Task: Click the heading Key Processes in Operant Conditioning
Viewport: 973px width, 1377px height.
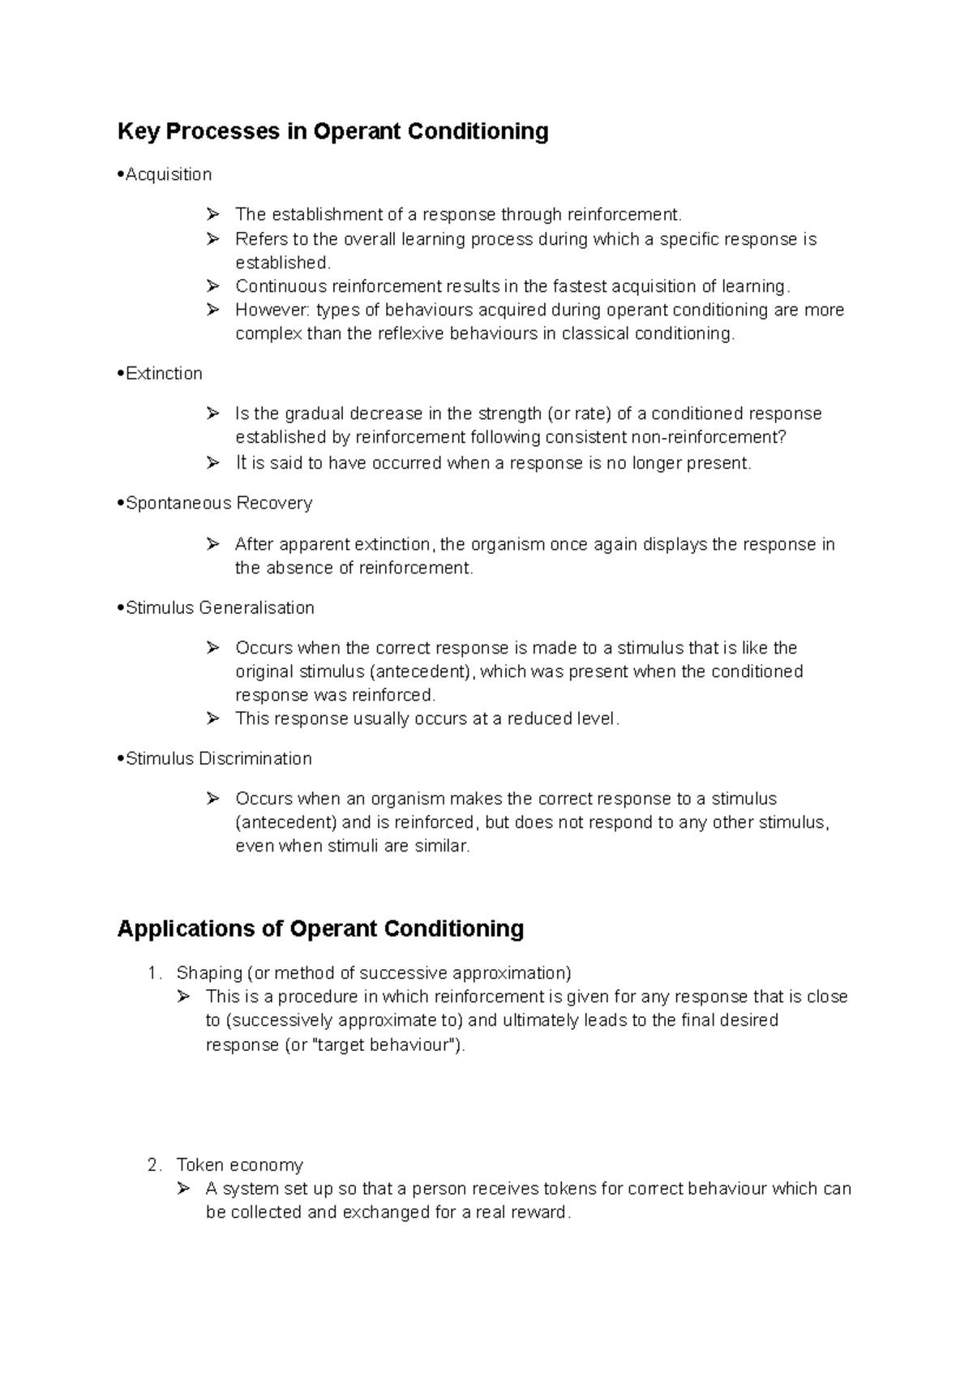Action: click(332, 131)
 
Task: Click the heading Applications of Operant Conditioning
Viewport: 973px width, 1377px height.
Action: click(320, 929)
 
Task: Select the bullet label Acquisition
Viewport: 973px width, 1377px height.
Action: click(169, 174)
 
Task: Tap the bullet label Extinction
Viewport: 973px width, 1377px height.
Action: click(164, 374)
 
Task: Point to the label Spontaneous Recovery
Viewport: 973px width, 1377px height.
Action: click(219, 504)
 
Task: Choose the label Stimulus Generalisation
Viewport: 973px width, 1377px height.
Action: click(220, 608)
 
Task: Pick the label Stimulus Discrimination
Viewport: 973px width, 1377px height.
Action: click(219, 759)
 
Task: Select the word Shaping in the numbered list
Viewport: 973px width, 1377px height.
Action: click(209, 973)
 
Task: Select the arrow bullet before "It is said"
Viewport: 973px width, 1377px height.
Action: click(213, 463)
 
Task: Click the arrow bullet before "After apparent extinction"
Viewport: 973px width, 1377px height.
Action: click(213, 544)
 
